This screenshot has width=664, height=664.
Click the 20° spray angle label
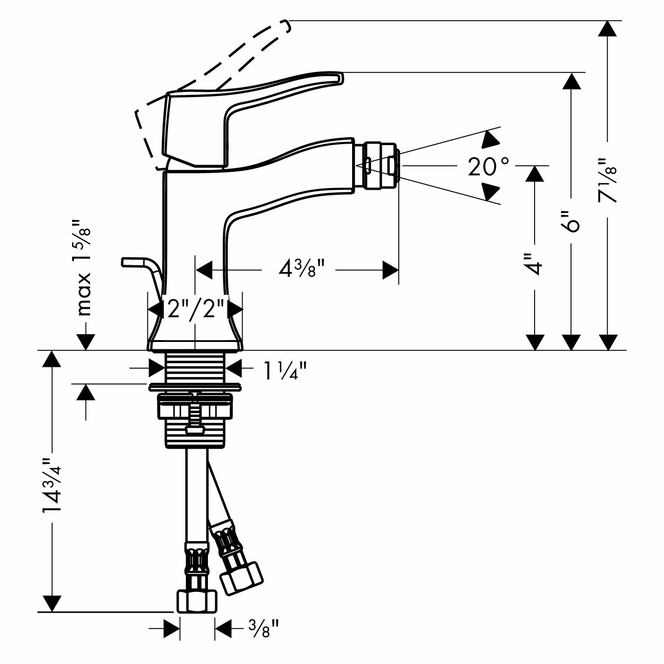click(x=488, y=166)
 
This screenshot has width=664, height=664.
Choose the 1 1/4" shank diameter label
click(x=285, y=371)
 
